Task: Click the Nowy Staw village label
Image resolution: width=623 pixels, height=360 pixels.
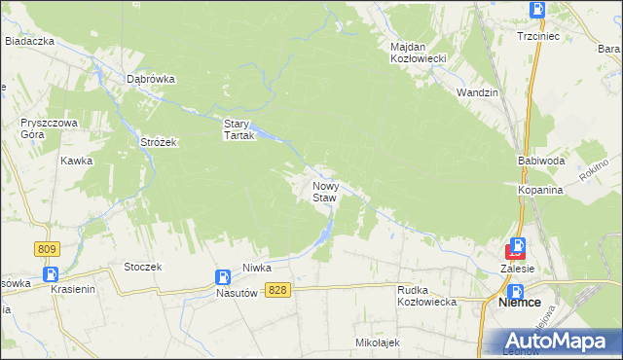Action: click(324, 191)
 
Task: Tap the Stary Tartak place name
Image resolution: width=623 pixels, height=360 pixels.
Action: click(238, 129)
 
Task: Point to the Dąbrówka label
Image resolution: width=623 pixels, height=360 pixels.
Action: click(150, 80)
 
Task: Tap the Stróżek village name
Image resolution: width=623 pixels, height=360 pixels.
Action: click(157, 142)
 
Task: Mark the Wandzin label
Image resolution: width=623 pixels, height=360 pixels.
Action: click(477, 91)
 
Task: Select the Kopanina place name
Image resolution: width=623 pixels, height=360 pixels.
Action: click(540, 190)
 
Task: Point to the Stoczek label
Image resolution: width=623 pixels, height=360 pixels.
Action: click(142, 266)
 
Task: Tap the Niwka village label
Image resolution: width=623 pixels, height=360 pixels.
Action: click(257, 267)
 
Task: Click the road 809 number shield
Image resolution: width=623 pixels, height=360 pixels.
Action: click(46, 250)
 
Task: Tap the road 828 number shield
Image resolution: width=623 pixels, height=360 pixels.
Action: click(279, 290)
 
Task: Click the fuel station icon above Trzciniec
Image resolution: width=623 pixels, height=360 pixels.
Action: click(537, 10)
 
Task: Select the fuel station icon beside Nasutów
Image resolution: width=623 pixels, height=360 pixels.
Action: click(223, 277)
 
